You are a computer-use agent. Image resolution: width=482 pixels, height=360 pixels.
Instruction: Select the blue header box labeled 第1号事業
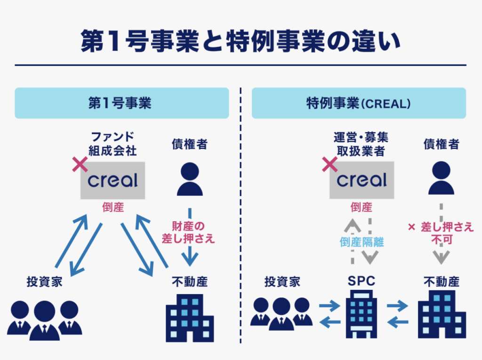tap(121, 103)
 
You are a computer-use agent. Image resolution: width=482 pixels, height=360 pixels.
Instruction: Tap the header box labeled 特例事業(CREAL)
tap(359, 103)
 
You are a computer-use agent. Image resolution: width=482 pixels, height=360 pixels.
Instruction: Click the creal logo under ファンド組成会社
tap(113, 180)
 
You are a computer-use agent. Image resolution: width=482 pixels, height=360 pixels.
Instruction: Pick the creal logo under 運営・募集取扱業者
tap(361, 180)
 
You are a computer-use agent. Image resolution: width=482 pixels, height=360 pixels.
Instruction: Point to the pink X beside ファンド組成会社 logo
tap(80, 164)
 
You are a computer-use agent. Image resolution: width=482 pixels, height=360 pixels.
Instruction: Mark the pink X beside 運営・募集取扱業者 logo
tap(329, 164)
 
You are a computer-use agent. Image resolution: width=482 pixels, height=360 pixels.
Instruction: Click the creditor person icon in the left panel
tap(190, 179)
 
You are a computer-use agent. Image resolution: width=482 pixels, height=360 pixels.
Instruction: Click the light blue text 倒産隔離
tap(361, 242)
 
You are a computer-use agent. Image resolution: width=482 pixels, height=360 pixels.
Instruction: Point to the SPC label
tap(361, 281)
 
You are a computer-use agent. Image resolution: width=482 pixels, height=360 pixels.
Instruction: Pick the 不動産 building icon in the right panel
tap(442, 314)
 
